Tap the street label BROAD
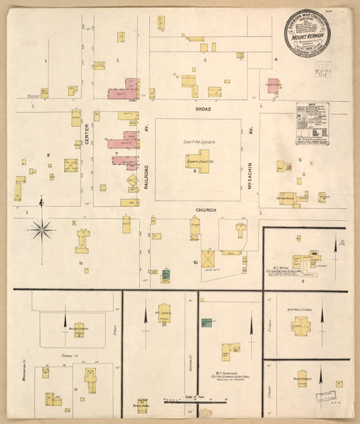203,109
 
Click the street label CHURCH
205,211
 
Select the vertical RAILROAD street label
145,174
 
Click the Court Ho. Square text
197,142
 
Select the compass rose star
41,230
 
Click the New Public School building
301,324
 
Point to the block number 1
46,61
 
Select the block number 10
195,261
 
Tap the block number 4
276,59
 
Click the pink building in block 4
272,86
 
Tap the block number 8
48,155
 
